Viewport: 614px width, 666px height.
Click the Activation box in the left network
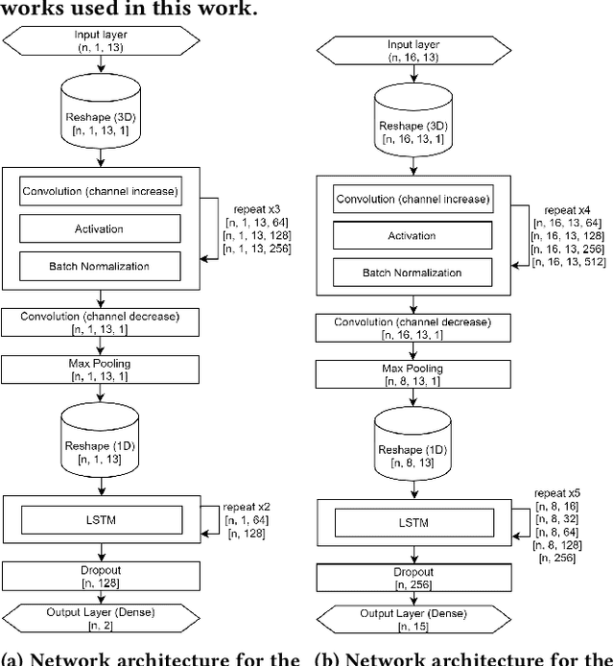(x=100, y=227)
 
